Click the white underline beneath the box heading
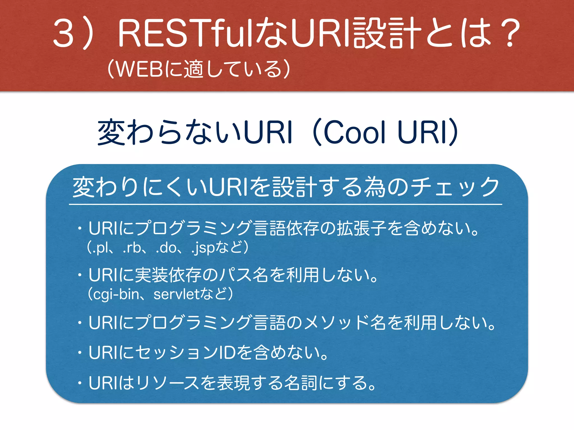(x=285, y=205)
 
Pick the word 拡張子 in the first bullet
(x=362, y=228)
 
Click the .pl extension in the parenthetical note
(x=101, y=248)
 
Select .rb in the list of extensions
(x=132, y=248)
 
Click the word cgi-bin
(x=116, y=294)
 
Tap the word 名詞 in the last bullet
(x=302, y=383)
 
